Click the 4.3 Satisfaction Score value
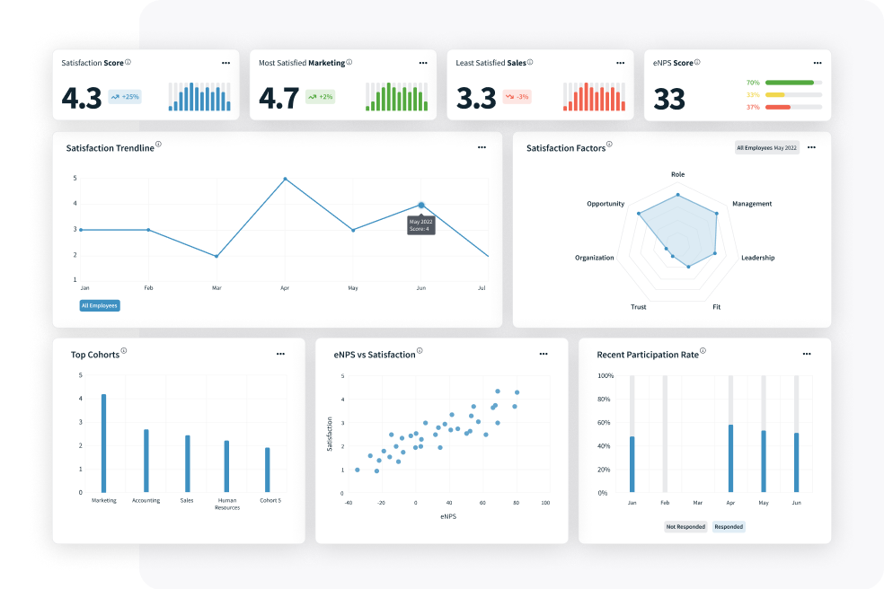(x=82, y=97)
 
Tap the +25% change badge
(x=125, y=96)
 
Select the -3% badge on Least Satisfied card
(x=517, y=96)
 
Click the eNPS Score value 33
(x=669, y=99)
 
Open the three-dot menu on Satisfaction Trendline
(x=482, y=146)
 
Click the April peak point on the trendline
(x=286, y=179)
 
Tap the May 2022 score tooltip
(x=421, y=224)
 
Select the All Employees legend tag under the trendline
(x=99, y=305)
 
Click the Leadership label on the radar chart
(x=757, y=258)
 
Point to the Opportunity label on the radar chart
(x=606, y=204)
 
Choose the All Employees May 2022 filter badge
(x=766, y=147)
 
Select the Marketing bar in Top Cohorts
(x=104, y=443)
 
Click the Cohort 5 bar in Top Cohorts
(x=268, y=470)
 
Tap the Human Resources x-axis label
(x=226, y=504)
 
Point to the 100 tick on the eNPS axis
(x=544, y=503)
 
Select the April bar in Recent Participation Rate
(x=730, y=458)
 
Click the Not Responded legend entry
(x=685, y=527)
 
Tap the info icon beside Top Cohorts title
(x=124, y=351)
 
